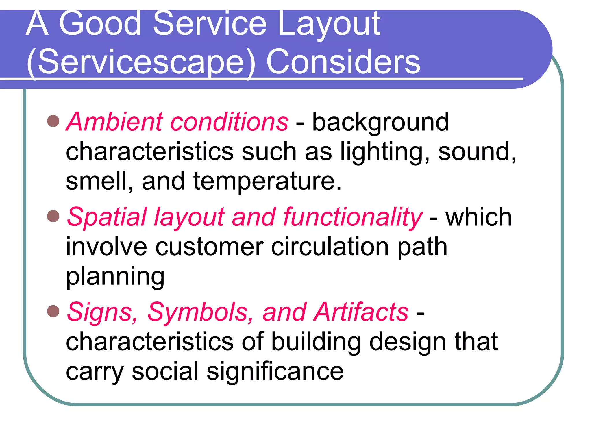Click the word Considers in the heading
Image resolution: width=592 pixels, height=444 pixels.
(343, 62)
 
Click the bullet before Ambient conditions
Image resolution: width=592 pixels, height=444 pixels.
(53, 121)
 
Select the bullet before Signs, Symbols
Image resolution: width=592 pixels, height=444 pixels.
(53, 311)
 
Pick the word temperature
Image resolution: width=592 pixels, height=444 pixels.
(267, 182)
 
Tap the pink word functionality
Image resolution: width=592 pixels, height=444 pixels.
(353, 217)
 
